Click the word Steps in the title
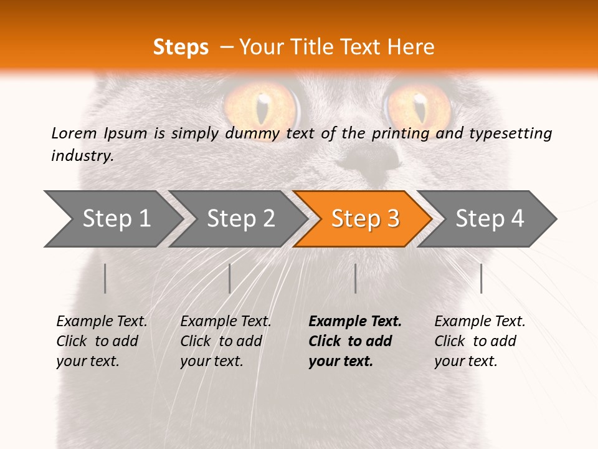[x=181, y=47]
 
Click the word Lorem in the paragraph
[x=74, y=133]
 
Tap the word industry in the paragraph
[x=82, y=155]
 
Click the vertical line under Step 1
[x=105, y=278]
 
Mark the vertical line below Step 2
[x=230, y=278]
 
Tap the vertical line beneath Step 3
[x=356, y=278]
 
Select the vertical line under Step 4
[x=482, y=278]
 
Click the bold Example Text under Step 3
[x=355, y=322]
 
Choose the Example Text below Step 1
[x=102, y=322]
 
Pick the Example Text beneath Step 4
[x=480, y=322]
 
